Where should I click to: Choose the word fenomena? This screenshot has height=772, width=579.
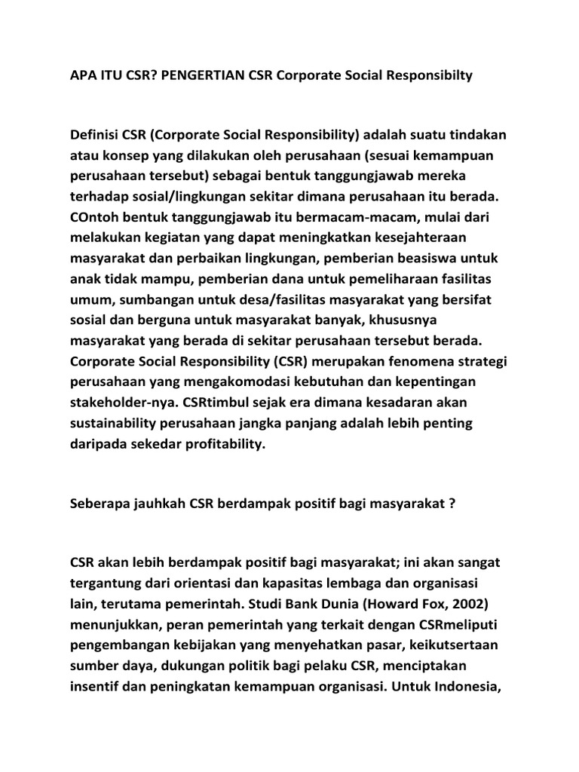click(420, 362)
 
